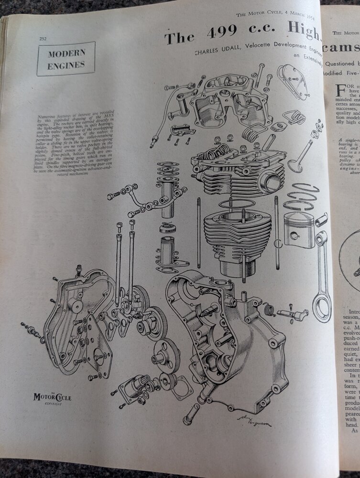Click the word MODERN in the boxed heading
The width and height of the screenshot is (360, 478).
[x=66, y=54]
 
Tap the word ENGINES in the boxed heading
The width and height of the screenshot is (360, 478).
[x=66, y=66]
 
